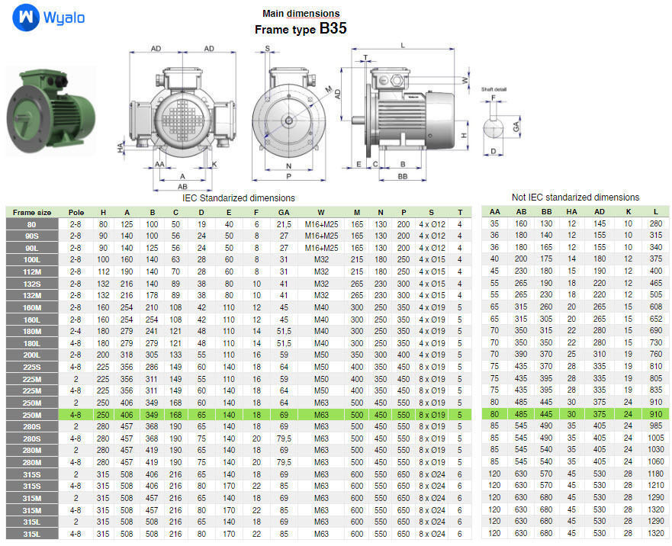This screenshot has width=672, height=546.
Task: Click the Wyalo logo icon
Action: point(26,17)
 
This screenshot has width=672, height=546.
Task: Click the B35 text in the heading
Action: point(333,29)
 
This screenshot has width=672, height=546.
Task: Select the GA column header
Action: point(284,212)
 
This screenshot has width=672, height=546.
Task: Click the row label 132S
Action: point(31,283)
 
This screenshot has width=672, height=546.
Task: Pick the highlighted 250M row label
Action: point(31,415)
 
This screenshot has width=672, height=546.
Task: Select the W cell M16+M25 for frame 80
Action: point(320,224)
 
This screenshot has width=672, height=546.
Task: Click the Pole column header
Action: point(76,212)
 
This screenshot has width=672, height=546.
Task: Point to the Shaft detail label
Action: point(494,89)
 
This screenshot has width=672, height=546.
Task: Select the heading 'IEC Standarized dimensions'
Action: point(238,198)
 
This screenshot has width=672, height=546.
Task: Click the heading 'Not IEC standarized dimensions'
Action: point(575,197)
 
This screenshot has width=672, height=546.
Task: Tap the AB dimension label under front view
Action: point(182,185)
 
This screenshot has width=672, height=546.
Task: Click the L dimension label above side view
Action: point(403,44)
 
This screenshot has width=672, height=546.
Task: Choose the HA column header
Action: point(571,212)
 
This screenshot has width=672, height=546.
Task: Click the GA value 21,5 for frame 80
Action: point(284,224)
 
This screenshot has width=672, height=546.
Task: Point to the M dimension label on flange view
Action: point(329,91)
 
